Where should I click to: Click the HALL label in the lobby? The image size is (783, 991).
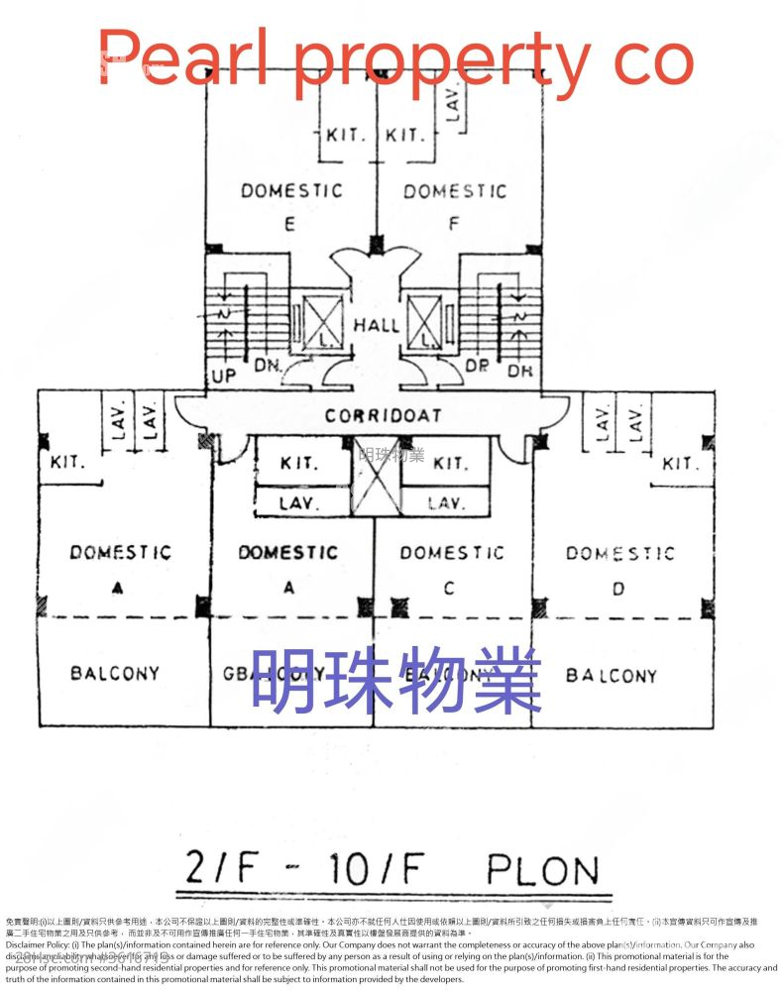tap(377, 324)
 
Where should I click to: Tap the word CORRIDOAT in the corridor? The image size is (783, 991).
tap(383, 416)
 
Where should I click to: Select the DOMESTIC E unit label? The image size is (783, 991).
tap(290, 191)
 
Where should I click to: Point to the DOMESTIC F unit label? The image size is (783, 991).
tap(454, 191)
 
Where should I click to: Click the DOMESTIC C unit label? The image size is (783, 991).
tap(451, 553)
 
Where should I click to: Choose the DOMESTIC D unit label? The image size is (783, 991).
tap(619, 554)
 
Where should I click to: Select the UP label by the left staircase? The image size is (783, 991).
tap(223, 377)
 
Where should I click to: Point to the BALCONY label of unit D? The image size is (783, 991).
tap(611, 676)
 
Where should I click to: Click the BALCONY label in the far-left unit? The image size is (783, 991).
tap(115, 674)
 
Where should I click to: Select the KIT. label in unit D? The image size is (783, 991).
tap(680, 464)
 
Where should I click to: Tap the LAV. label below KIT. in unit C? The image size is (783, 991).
tap(446, 503)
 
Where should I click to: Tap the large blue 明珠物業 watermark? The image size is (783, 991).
tap(395, 680)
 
